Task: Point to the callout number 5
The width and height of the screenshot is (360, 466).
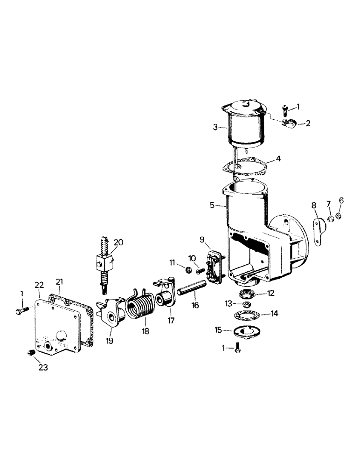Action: click(213, 205)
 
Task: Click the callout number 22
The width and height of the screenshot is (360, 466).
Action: click(40, 284)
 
